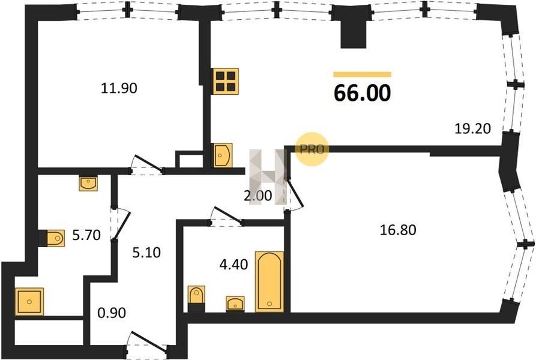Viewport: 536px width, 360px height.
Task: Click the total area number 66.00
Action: [362, 93]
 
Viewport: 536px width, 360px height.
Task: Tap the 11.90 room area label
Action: [119, 88]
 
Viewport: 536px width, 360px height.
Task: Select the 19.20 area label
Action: [473, 128]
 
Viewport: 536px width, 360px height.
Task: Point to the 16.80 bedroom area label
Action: [398, 230]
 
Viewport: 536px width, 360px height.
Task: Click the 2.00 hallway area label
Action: [258, 196]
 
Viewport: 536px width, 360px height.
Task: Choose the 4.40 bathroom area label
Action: [234, 264]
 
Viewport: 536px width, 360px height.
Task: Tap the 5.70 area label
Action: [86, 235]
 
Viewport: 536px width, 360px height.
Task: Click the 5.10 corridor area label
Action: [146, 253]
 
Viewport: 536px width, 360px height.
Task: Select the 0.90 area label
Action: [112, 313]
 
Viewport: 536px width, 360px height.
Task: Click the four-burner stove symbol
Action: [226, 81]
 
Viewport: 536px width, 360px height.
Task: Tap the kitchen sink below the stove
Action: [223, 155]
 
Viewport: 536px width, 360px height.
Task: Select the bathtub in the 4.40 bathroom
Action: [270, 282]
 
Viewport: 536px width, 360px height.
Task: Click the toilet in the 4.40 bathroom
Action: [196, 299]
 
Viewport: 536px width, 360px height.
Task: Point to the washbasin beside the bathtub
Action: [235, 304]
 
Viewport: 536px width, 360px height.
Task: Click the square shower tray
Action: [29, 301]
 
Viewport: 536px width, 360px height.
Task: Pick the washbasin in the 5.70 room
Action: [88, 183]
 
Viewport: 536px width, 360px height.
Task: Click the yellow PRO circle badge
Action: [312, 149]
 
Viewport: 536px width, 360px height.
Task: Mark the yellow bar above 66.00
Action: [363, 74]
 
